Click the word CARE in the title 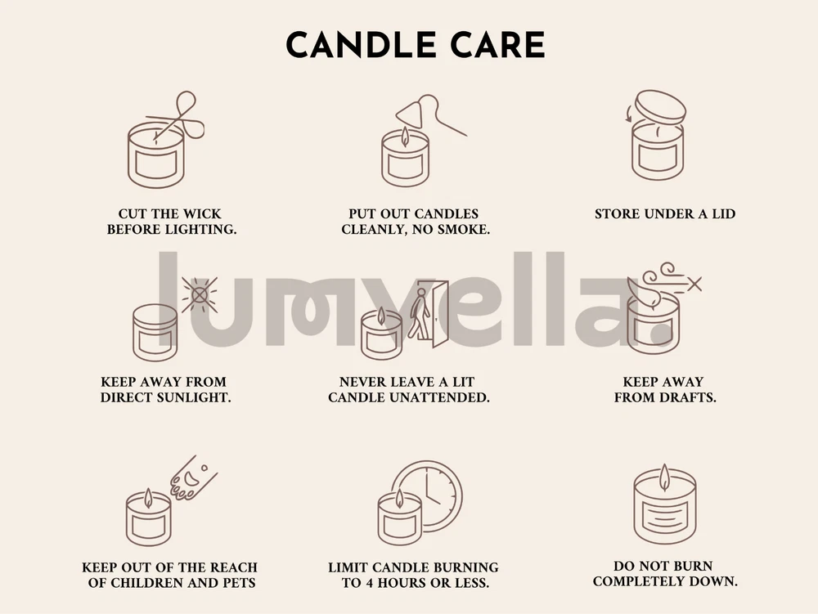tap(498, 45)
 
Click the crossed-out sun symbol tap(200, 295)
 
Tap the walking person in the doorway tap(419, 313)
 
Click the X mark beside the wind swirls tap(694, 284)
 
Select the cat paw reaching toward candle tap(192, 477)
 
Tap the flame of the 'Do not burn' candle tap(664, 477)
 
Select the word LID tap(724, 214)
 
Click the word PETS tap(239, 583)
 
